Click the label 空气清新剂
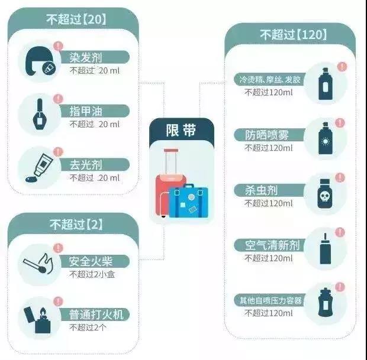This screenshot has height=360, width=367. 269,245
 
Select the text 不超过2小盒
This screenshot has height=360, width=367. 91,274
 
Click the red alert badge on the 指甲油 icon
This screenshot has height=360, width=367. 57,99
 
